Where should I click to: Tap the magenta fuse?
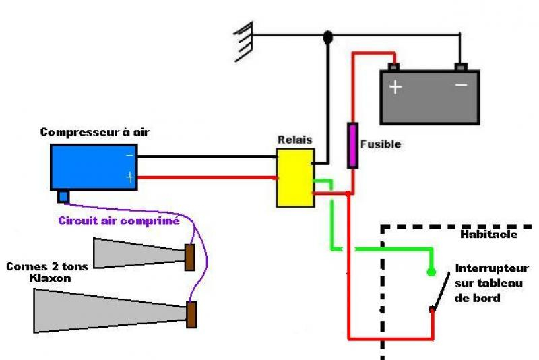click(x=352, y=145)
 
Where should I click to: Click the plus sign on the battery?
click(x=395, y=87)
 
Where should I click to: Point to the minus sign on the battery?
click(x=462, y=86)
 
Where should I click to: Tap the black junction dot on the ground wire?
click(x=328, y=37)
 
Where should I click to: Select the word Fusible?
click(x=381, y=144)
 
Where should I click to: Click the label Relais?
click(x=294, y=140)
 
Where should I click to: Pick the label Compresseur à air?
click(x=94, y=133)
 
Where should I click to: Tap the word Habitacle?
click(x=489, y=235)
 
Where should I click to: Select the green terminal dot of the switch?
click(x=431, y=273)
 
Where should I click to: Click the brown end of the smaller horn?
click(x=190, y=256)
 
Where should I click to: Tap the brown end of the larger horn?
click(x=192, y=315)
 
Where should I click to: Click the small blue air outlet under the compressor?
click(x=64, y=196)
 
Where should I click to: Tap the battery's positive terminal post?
click(x=393, y=67)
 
